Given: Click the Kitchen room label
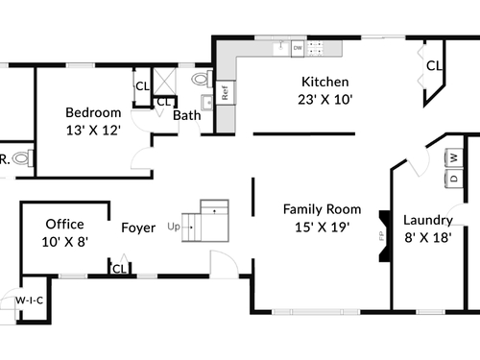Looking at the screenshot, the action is (x=325, y=82).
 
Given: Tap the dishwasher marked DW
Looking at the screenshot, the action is (x=298, y=49).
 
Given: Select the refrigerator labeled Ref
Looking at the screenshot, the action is (x=226, y=92).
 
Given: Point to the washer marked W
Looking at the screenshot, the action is (x=454, y=157).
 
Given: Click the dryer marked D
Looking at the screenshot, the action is (x=454, y=179).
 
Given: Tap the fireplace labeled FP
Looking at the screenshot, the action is (x=385, y=236).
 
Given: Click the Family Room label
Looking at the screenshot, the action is (x=323, y=209).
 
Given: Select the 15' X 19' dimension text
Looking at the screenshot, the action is (x=323, y=228).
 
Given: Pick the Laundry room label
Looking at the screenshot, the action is (x=428, y=221).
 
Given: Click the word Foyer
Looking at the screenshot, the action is (x=138, y=228).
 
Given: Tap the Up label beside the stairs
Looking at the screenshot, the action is (x=174, y=227).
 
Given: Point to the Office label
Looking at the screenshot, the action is (x=65, y=224).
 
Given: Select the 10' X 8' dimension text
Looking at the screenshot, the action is (x=65, y=242).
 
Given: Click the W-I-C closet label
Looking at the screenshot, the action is (x=30, y=300).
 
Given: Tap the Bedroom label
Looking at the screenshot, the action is (x=93, y=112).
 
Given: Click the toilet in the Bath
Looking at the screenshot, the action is (x=202, y=79).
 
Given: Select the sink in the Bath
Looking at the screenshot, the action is (x=206, y=103).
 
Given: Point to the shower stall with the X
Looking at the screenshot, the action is (x=164, y=82).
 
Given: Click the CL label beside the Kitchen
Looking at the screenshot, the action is (x=434, y=66).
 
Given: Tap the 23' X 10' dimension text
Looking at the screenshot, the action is (x=325, y=100).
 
